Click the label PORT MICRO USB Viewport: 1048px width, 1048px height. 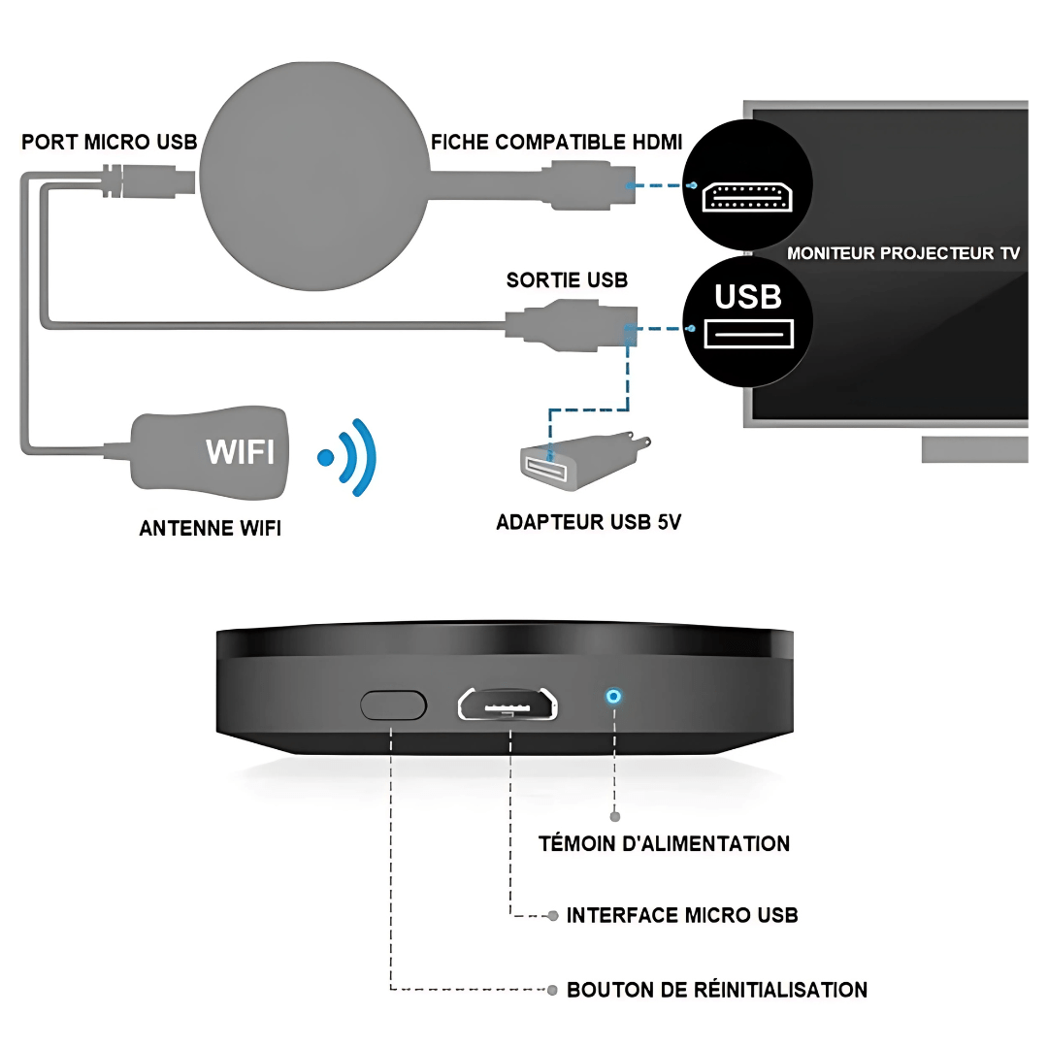(109, 143)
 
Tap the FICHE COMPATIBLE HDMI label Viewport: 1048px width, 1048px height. (557, 143)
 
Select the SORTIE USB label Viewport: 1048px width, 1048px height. (567, 280)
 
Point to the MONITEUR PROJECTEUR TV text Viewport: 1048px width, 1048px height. (903, 253)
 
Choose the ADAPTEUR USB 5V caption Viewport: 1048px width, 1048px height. (588, 522)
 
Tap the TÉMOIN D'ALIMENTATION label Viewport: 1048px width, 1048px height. (664, 843)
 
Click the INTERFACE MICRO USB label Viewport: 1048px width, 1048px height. (682, 915)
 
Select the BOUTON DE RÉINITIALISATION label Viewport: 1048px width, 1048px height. (717, 990)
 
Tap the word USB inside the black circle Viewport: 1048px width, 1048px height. (748, 296)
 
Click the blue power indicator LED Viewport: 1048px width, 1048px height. (613, 697)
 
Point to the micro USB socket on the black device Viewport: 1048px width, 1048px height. (508, 704)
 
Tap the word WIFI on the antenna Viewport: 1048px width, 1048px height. (240, 451)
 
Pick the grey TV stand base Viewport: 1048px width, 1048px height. (973, 449)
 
